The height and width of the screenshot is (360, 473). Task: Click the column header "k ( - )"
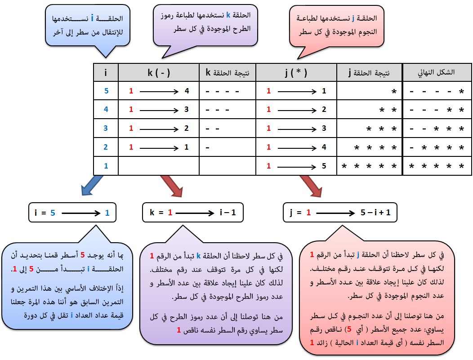tap(159, 73)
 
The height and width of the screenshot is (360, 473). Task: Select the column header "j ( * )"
tap(296, 73)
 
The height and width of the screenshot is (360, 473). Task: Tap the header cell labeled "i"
tap(106, 73)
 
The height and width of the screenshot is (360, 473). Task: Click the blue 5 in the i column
tap(106, 91)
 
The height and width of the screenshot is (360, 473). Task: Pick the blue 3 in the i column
tap(106, 128)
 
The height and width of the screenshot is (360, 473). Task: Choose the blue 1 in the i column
tap(106, 166)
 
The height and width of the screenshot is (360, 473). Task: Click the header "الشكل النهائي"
tap(436, 72)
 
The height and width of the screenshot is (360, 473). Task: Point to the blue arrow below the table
tap(92, 185)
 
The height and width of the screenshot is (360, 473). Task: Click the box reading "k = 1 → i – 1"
tap(193, 213)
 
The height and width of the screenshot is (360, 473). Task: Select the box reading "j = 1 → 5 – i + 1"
tap(340, 213)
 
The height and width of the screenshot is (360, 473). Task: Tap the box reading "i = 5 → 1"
tap(72, 213)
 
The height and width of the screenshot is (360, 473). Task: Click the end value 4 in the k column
tap(187, 91)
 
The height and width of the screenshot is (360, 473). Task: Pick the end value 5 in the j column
tap(324, 166)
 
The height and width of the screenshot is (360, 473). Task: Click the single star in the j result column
tap(394, 92)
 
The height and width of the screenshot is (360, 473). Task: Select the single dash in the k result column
tap(207, 148)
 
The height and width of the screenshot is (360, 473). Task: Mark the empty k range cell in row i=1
tap(159, 166)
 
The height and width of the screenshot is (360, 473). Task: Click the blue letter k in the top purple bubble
tap(228, 15)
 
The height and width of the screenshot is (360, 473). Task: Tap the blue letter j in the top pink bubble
tap(353, 18)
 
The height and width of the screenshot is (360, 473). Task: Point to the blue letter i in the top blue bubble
tap(92, 18)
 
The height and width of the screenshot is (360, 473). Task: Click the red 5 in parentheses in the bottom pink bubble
tap(349, 329)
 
